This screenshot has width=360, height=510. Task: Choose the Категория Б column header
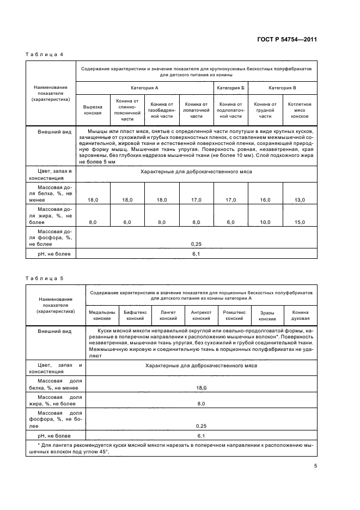point(230,88)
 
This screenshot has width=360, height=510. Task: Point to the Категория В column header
point(283,88)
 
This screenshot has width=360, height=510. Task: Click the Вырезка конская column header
point(93,110)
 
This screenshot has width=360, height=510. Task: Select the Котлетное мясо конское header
point(300,110)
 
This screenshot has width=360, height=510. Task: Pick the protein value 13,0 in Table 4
point(300,201)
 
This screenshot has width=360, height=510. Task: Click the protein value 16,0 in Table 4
point(265,201)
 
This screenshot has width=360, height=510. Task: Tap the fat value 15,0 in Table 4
point(300,222)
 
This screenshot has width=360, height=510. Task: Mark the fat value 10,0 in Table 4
point(265,222)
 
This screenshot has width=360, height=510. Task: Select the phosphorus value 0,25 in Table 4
point(197,244)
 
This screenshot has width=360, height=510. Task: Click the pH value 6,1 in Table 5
point(200,436)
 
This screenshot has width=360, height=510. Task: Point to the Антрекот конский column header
point(201,315)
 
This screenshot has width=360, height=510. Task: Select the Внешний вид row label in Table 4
point(50,132)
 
